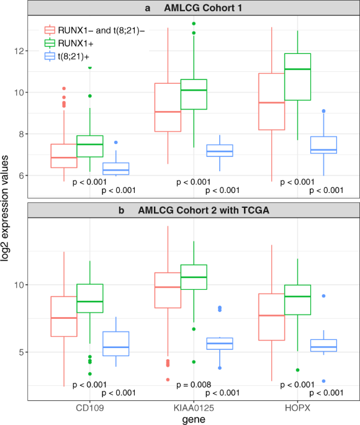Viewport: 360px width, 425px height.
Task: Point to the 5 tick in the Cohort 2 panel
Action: (22, 352)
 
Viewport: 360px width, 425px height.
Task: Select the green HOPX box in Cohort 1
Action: (297, 76)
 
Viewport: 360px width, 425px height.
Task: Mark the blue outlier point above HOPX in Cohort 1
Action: (323, 111)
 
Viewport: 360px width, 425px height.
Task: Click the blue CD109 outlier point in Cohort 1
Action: (115, 143)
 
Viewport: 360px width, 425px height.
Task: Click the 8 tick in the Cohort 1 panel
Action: (22, 134)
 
